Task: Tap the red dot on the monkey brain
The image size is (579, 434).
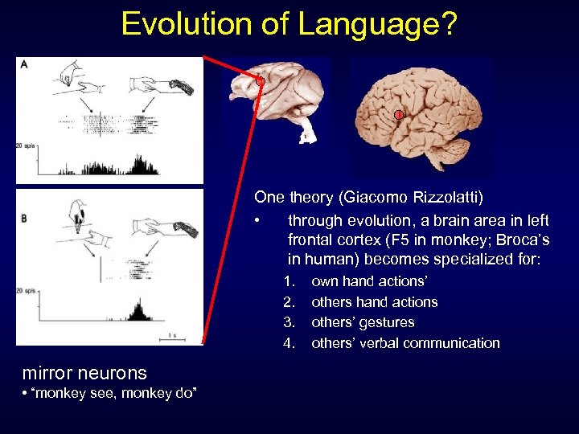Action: point(261,82)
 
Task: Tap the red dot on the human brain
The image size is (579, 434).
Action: point(398,116)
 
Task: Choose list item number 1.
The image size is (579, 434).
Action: point(288,282)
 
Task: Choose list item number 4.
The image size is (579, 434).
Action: point(289,343)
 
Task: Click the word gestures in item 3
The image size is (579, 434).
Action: point(388,323)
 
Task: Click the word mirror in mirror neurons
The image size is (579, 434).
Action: point(49,373)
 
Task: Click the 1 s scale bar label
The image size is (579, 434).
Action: point(173,335)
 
